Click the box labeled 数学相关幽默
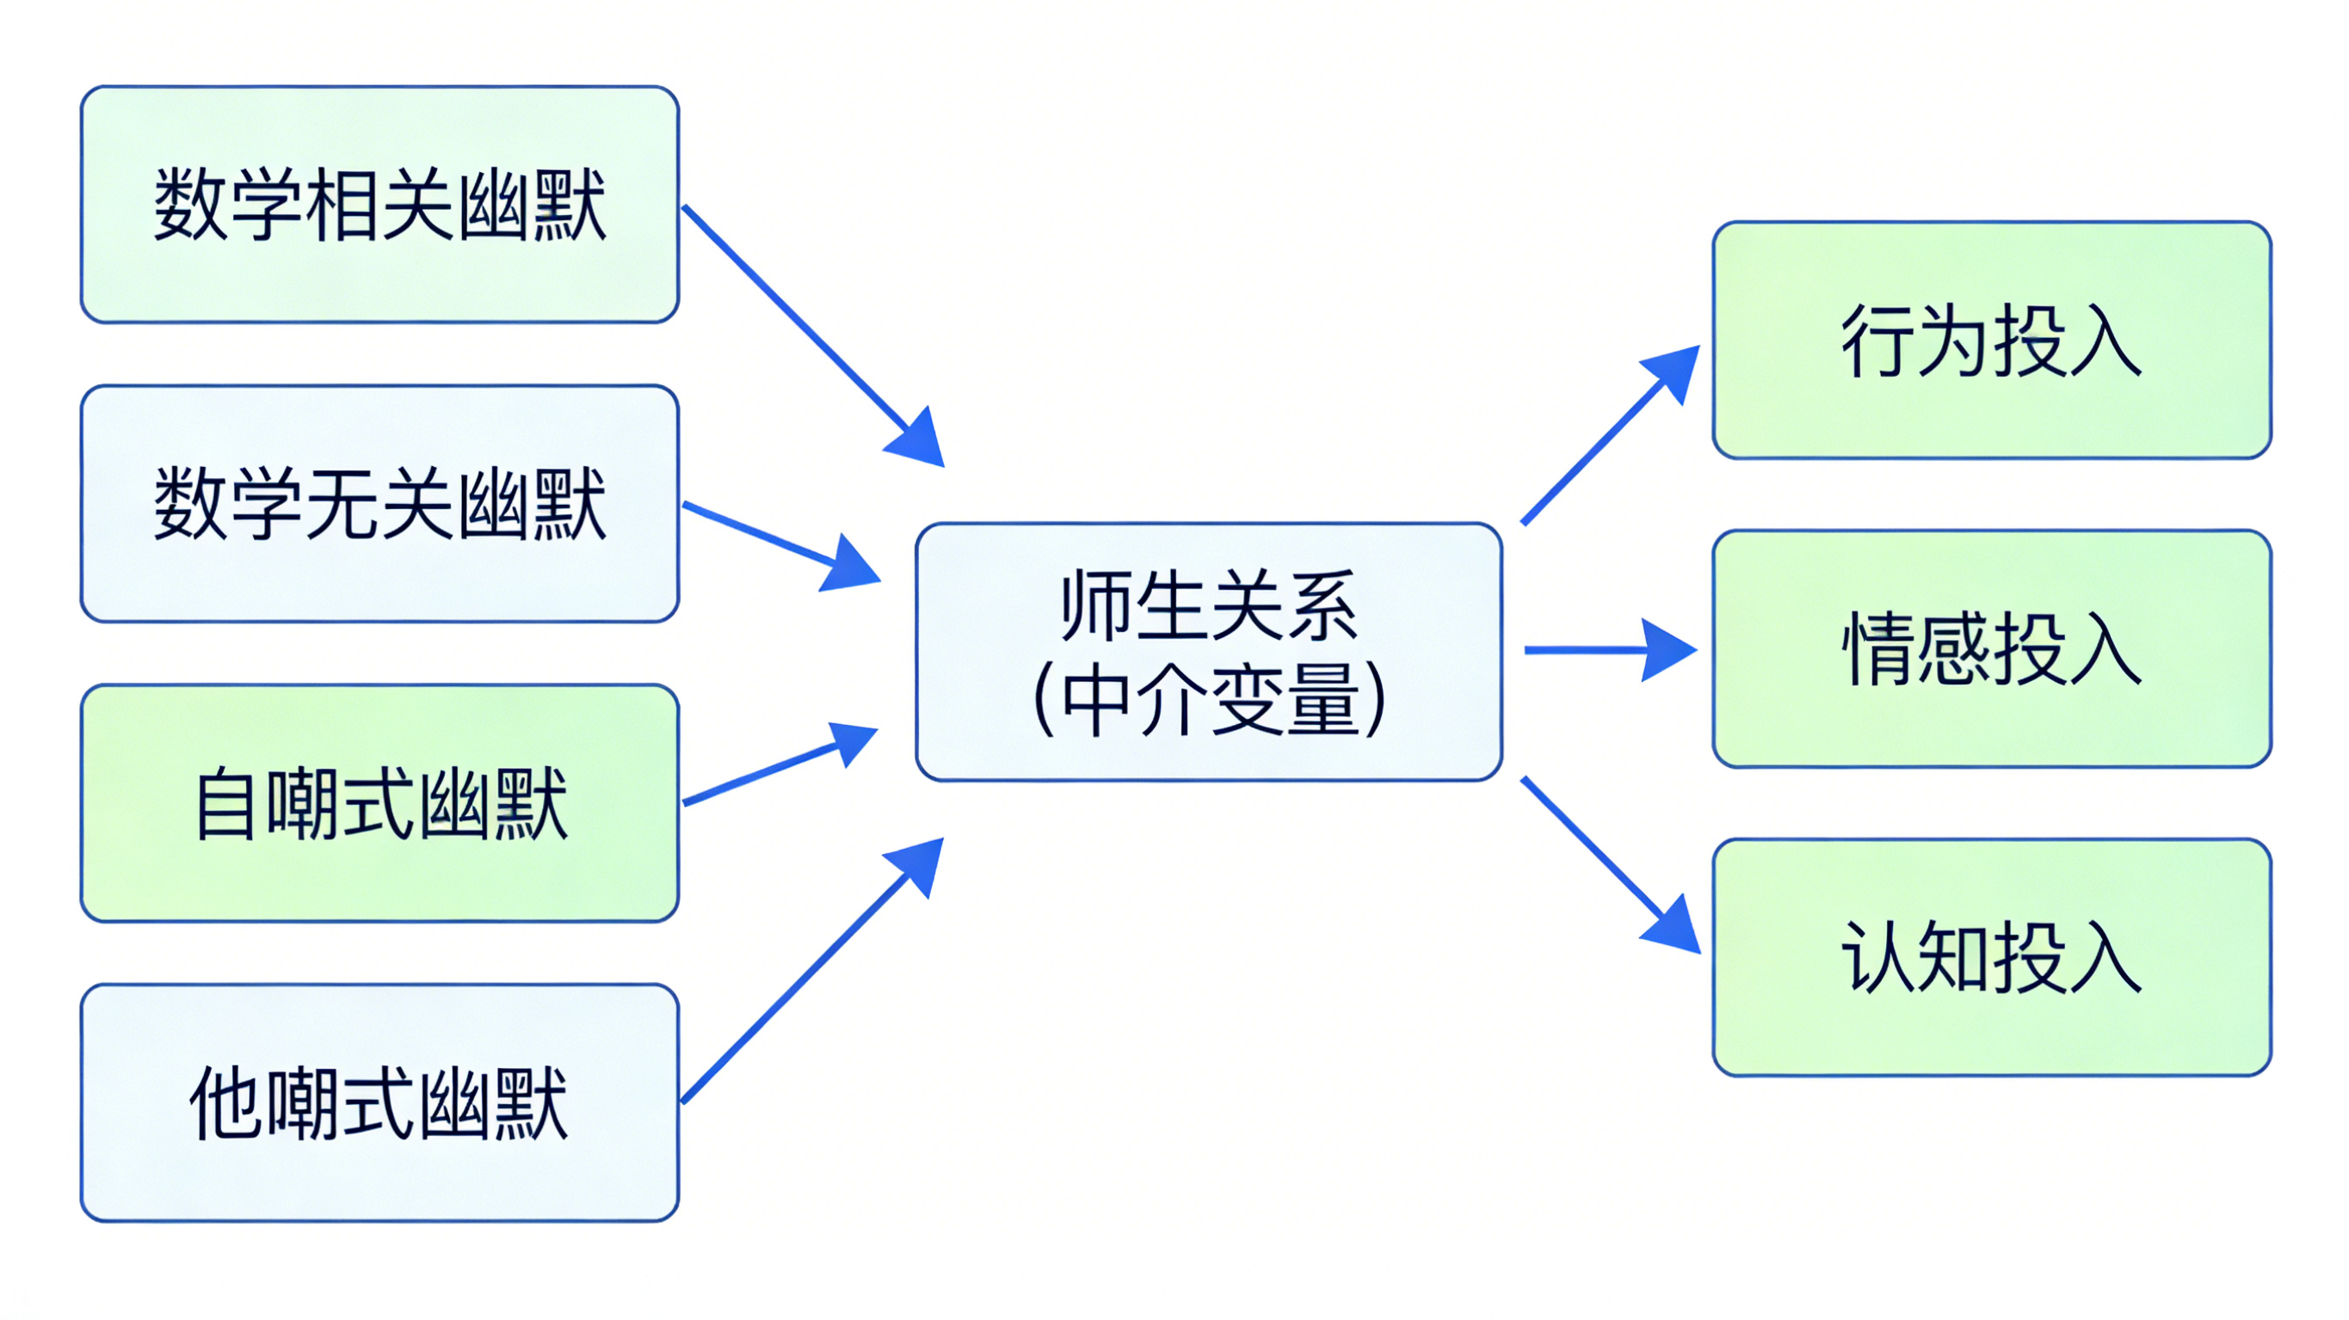(x=379, y=204)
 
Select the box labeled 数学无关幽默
(x=379, y=503)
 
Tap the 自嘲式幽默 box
(x=379, y=803)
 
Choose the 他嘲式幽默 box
(x=379, y=1102)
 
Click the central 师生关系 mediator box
(x=1208, y=651)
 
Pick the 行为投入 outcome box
(x=1992, y=340)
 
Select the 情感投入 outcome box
(x=1992, y=648)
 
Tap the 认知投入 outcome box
(x=1992, y=957)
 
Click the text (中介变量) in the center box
(x=1208, y=700)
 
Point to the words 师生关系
(x=1208, y=605)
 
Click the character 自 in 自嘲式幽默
(x=225, y=804)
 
